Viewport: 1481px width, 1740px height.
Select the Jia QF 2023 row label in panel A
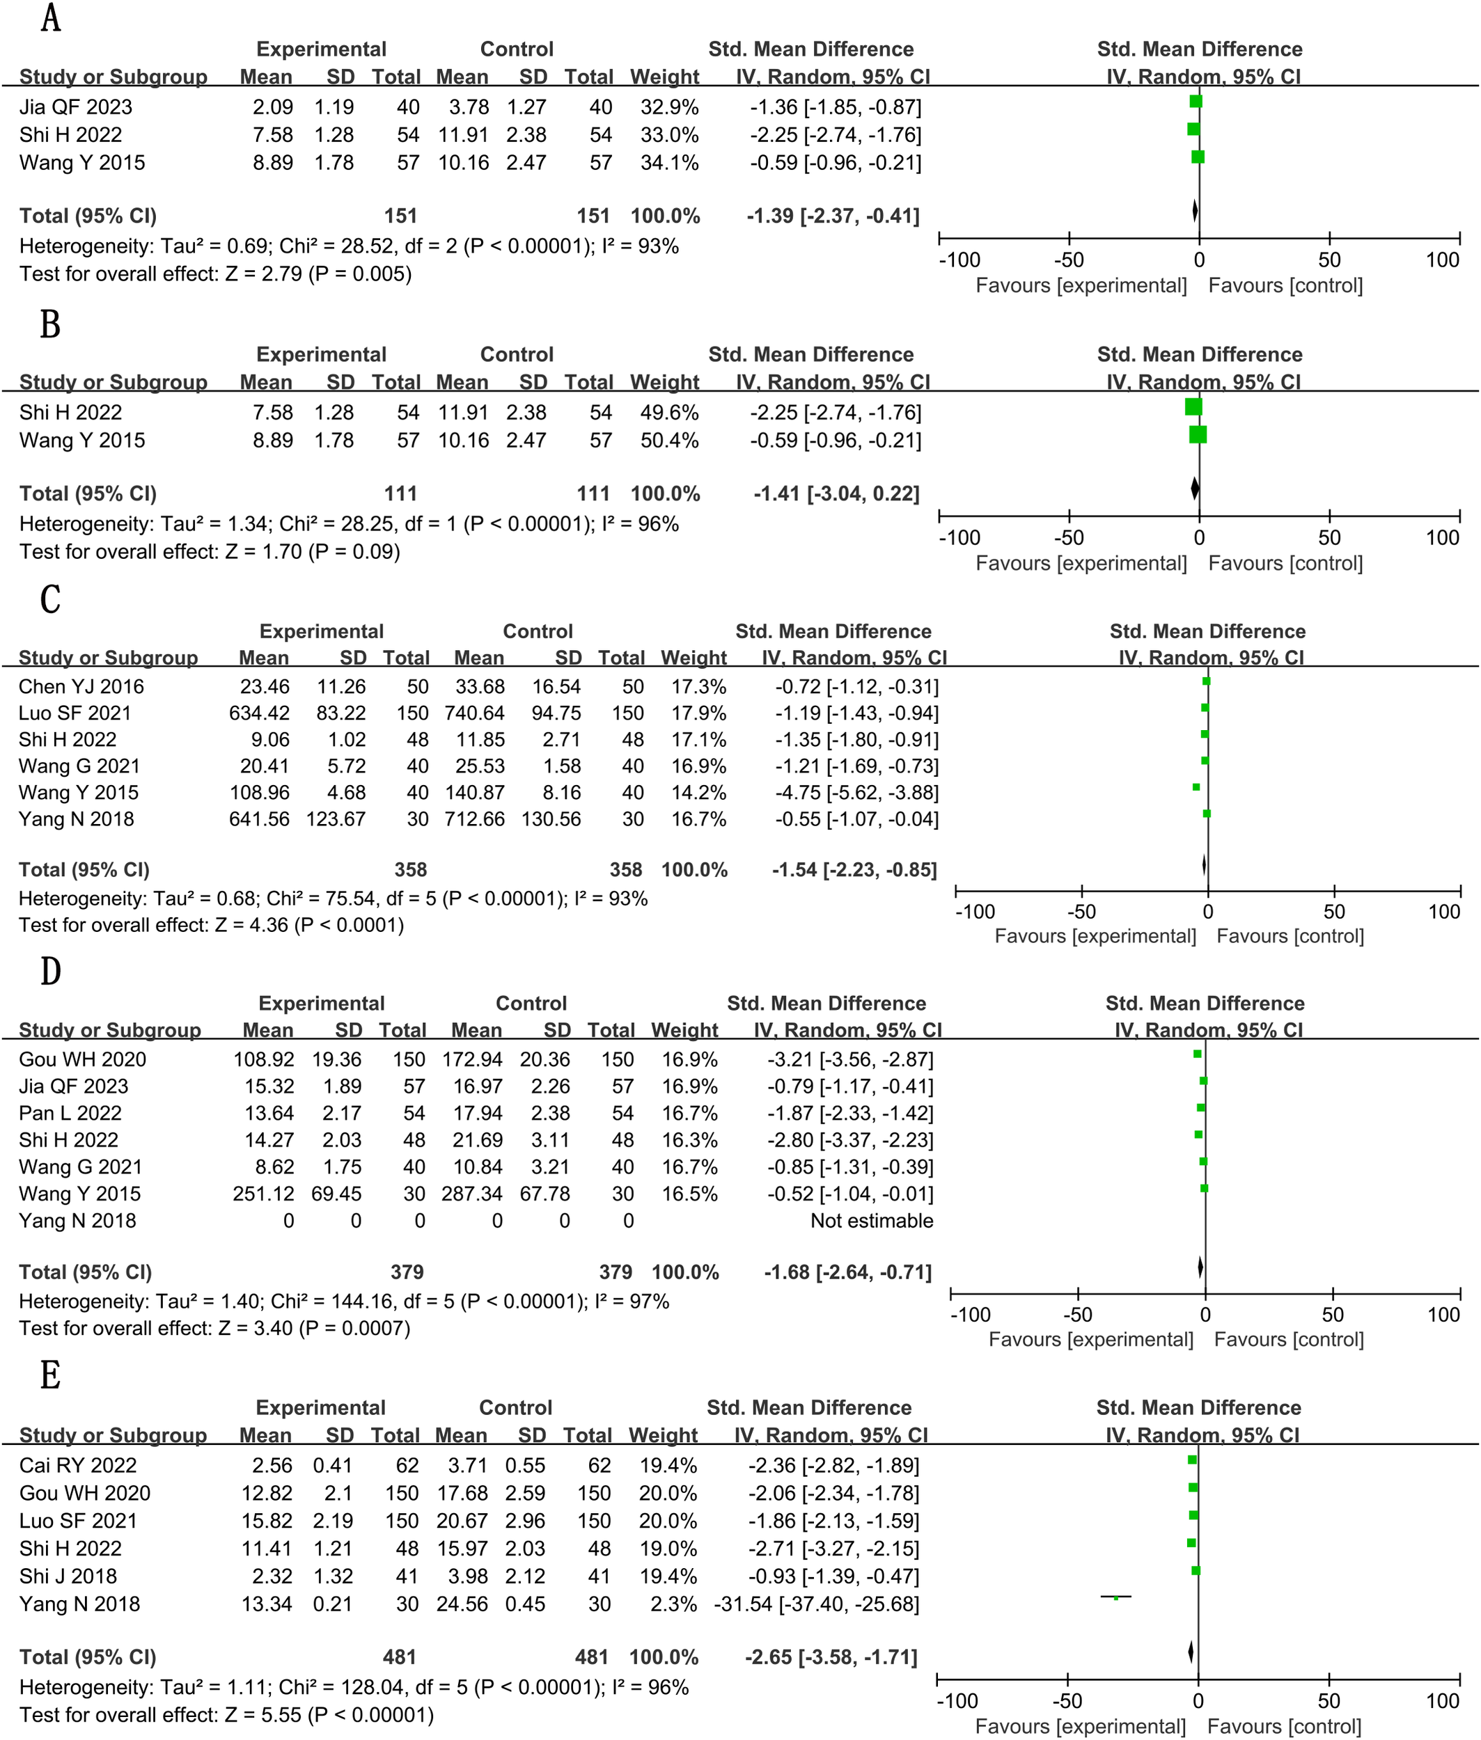click(76, 107)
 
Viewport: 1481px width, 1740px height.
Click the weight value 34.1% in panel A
click(669, 163)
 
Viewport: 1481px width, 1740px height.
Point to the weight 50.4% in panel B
click(669, 441)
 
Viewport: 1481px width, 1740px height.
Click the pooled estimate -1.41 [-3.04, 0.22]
click(836, 493)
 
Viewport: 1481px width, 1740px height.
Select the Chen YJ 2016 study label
click(81, 686)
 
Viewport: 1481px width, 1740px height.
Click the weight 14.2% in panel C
click(698, 792)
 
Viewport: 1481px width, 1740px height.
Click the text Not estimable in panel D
click(872, 1220)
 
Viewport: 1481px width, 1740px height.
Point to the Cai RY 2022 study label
click(78, 1466)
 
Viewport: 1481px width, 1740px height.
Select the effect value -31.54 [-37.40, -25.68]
click(816, 1604)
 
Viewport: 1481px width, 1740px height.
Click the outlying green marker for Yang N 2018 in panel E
click(1115, 1597)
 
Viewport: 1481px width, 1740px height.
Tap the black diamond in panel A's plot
click(1195, 211)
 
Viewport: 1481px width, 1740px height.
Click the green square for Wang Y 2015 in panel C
click(1196, 787)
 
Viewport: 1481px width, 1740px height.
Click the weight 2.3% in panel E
click(673, 1604)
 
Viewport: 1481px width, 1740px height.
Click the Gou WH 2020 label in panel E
click(85, 1493)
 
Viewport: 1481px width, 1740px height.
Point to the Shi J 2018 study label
click(68, 1576)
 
